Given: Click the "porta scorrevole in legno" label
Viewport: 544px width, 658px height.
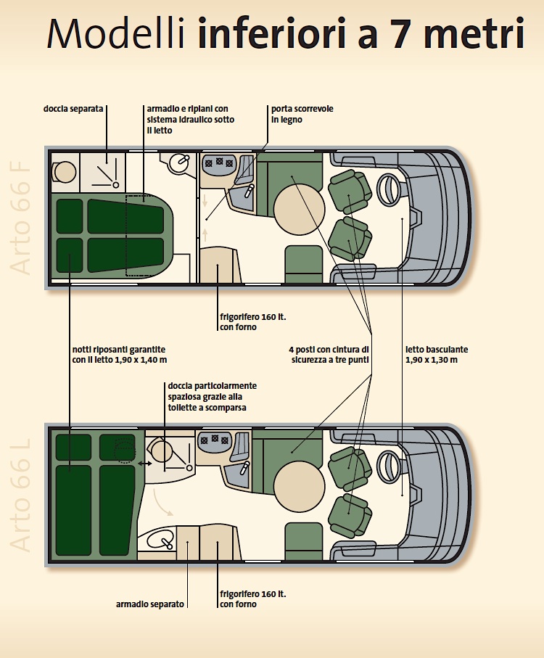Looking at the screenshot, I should pyautogui.click(x=302, y=114).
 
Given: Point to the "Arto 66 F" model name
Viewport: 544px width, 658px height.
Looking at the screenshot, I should pyautogui.click(x=22, y=217).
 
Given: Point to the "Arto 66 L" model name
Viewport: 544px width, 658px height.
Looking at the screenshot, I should pyautogui.click(x=22, y=493).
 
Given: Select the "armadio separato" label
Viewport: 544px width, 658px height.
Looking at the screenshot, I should pyautogui.click(x=151, y=604).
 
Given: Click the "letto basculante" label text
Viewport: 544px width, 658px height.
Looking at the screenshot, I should pyautogui.click(x=437, y=353).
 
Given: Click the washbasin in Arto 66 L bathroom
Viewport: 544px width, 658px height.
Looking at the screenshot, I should pyautogui.click(x=160, y=540).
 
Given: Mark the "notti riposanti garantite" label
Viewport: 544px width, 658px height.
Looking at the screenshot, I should pyautogui.click(x=119, y=353).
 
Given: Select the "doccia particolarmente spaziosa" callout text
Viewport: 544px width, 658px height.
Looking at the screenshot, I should pyautogui.click(x=212, y=397).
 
